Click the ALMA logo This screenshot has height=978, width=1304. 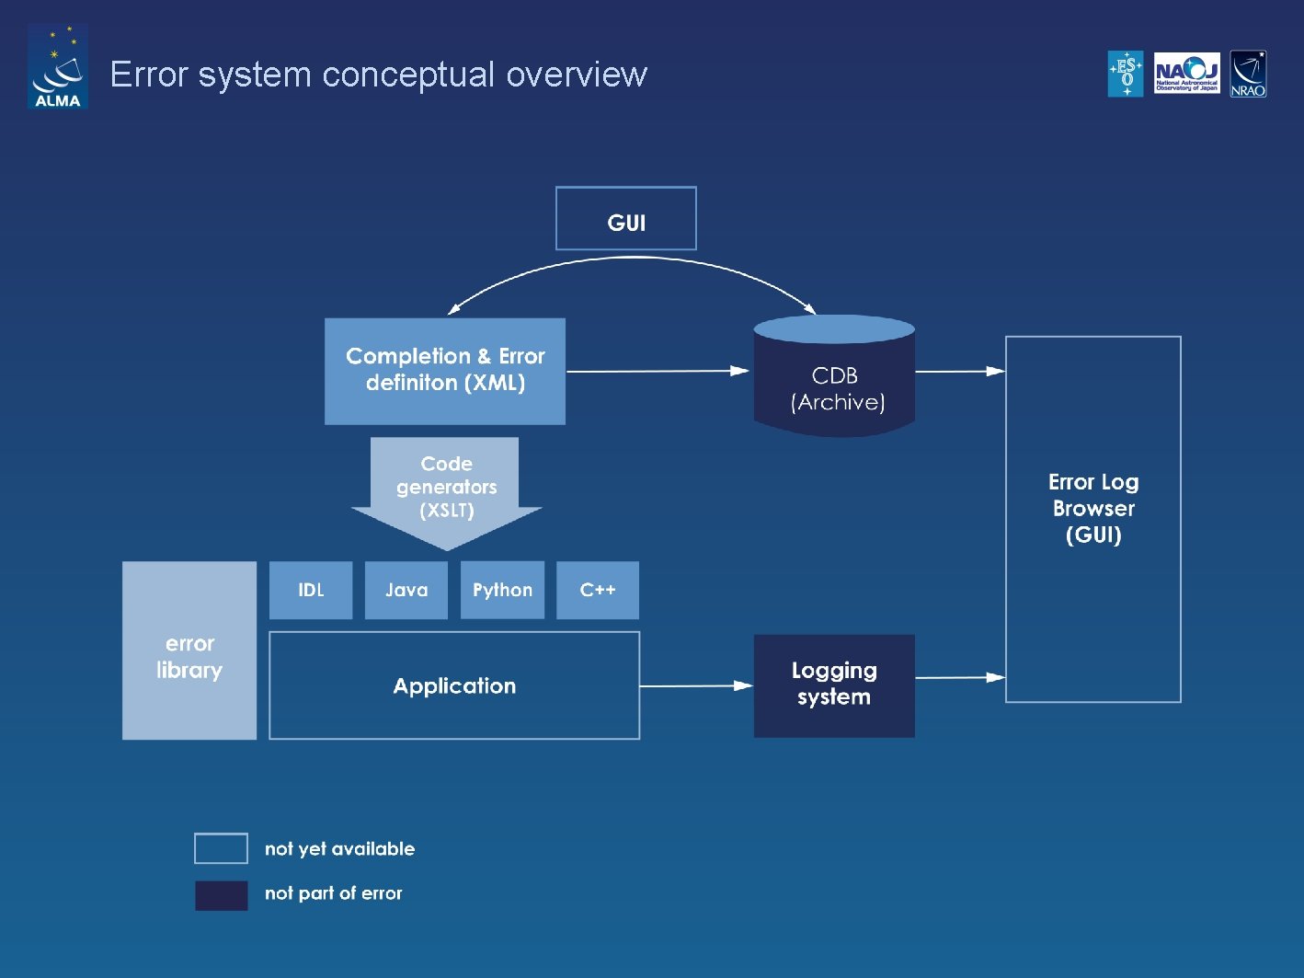[57, 66]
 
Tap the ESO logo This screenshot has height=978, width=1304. [1126, 74]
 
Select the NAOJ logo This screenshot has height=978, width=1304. [1186, 74]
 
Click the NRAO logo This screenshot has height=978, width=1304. [1248, 74]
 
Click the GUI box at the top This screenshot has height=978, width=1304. [625, 219]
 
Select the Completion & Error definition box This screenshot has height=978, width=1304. [445, 371]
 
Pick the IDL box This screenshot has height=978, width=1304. [311, 590]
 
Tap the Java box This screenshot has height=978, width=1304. [406, 590]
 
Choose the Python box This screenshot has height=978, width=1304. [502, 590]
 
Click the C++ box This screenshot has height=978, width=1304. [598, 590]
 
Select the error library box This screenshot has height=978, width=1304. [189, 650]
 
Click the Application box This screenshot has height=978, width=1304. [454, 685]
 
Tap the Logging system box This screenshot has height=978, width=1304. [834, 685]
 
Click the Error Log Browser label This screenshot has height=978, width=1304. [1093, 509]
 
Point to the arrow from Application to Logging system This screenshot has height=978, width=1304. [696, 685]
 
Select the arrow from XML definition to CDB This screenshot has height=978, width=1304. [658, 371]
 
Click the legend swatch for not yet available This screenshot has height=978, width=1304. [221, 848]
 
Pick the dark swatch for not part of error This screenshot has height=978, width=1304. [221, 895]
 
